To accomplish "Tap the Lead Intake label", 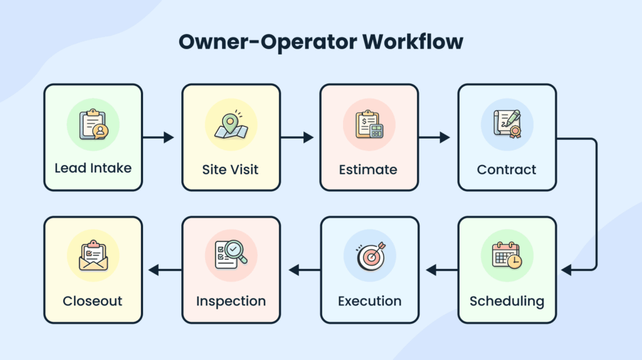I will tap(93, 169).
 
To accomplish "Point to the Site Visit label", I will tap(230, 169).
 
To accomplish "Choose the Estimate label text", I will tap(368, 169).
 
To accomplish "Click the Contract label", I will tap(507, 169).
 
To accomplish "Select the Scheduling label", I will tap(507, 301).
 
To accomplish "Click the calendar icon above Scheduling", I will tap(507, 255).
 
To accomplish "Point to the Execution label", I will tap(369, 301).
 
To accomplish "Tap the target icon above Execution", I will tap(369, 255).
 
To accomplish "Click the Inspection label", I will tap(231, 301).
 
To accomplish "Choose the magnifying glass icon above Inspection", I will tap(231, 255).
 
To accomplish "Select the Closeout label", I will tap(93, 301).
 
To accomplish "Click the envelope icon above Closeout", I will tap(93, 255).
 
